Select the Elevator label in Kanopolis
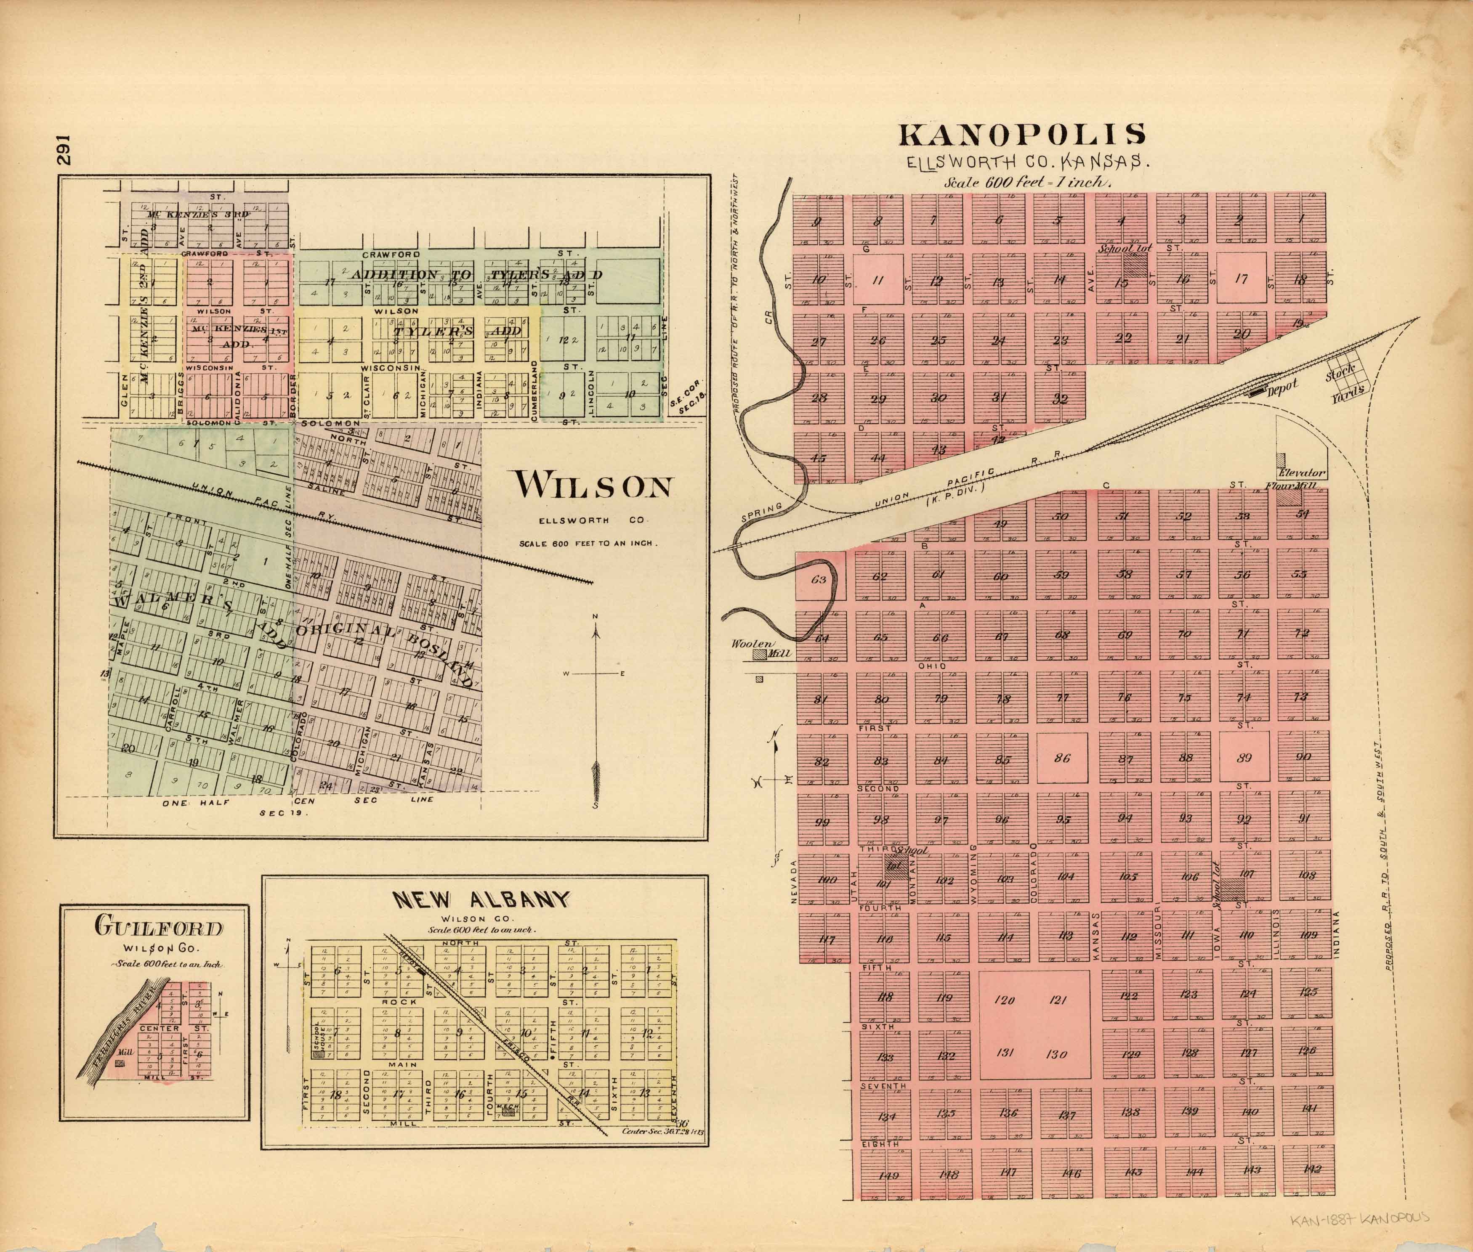click(1300, 473)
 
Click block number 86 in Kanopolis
click(1061, 758)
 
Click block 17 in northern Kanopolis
click(1241, 279)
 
